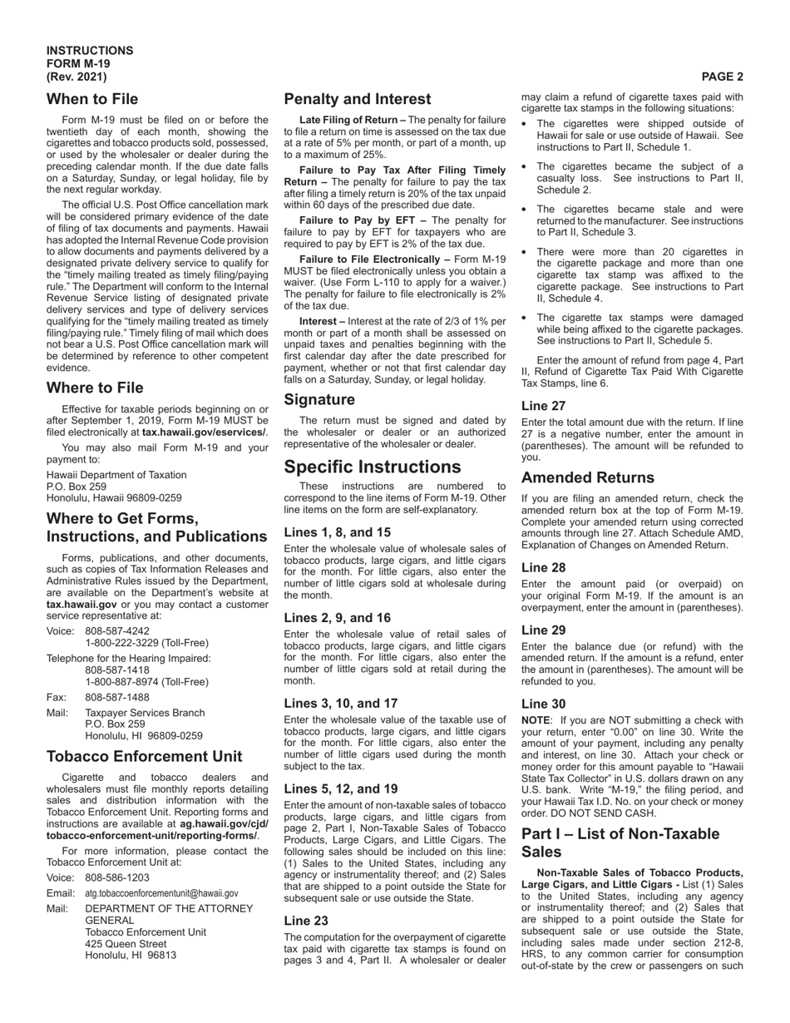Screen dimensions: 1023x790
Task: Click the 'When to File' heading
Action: tap(92, 100)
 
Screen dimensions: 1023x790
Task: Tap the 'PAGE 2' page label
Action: tap(722, 77)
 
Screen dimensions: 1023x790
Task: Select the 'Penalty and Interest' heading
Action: tap(358, 100)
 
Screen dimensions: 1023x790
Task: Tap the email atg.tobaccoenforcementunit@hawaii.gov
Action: tap(161, 892)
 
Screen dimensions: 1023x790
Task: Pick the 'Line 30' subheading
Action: tap(544, 704)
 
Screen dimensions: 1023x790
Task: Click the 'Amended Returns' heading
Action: tap(588, 478)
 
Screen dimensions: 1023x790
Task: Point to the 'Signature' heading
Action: tap(319, 400)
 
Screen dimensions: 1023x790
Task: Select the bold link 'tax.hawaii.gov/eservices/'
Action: tap(204, 432)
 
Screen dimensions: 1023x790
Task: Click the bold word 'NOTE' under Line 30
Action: tap(536, 720)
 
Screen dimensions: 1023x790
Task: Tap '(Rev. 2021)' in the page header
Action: tap(77, 77)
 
